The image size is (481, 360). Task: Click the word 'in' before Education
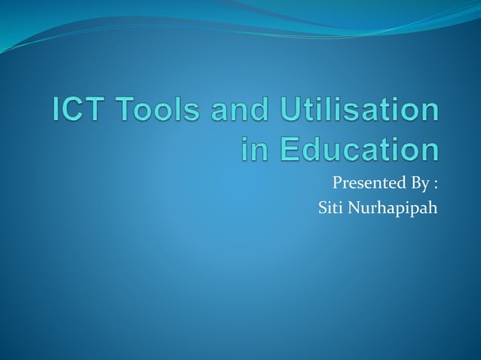(x=254, y=148)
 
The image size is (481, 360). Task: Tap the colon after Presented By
(x=435, y=183)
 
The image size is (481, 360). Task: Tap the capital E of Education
(x=286, y=148)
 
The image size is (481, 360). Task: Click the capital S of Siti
(x=323, y=206)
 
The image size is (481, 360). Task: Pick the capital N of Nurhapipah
(x=357, y=206)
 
